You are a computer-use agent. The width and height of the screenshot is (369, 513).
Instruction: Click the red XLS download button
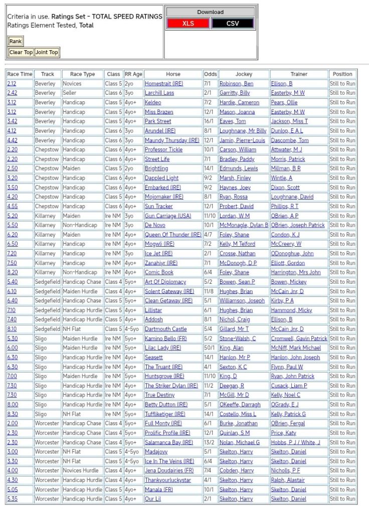tap(188, 24)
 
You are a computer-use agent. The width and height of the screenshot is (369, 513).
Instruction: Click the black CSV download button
tap(233, 24)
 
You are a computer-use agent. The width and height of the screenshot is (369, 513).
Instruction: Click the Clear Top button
tap(21, 52)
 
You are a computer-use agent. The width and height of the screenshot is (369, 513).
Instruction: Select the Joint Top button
tap(47, 52)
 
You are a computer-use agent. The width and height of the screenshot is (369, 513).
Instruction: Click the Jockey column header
tap(244, 74)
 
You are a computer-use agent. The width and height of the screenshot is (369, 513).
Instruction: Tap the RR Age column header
tap(133, 74)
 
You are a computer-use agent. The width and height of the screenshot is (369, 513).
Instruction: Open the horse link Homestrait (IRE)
tap(164, 84)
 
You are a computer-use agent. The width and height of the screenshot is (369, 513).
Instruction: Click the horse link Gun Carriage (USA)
tap(168, 216)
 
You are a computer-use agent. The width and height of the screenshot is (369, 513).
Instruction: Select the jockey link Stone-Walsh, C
tap(237, 338)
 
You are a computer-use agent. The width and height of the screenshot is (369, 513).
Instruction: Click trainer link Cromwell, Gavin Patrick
tap(299, 338)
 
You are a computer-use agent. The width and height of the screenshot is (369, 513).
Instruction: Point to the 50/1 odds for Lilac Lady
tap(210, 348)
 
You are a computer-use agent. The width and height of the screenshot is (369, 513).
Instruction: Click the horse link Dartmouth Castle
tap(165, 329)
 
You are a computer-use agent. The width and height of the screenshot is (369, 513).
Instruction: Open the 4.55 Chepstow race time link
tap(12, 206)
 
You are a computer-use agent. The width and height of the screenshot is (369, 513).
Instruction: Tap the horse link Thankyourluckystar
tap(168, 480)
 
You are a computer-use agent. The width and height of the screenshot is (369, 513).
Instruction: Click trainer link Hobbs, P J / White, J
tap(295, 442)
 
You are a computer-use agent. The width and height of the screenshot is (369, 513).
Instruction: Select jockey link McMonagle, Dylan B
tap(244, 225)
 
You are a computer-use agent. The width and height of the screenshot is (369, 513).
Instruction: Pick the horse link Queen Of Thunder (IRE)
tap(173, 235)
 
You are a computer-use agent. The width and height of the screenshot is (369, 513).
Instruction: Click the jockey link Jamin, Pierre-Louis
tap(242, 140)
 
